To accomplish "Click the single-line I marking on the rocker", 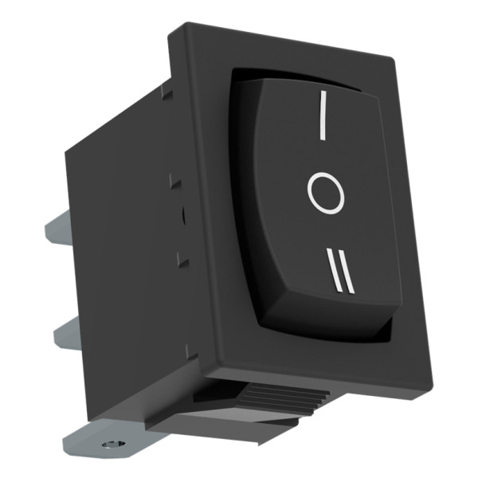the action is click(x=323, y=115).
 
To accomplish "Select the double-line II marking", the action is click(x=341, y=272).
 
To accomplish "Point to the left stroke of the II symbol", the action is click(x=334, y=271).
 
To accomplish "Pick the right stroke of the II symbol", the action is click(x=347, y=272).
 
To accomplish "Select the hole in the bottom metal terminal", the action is click(x=114, y=445).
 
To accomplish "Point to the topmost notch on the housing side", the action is click(x=167, y=92).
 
